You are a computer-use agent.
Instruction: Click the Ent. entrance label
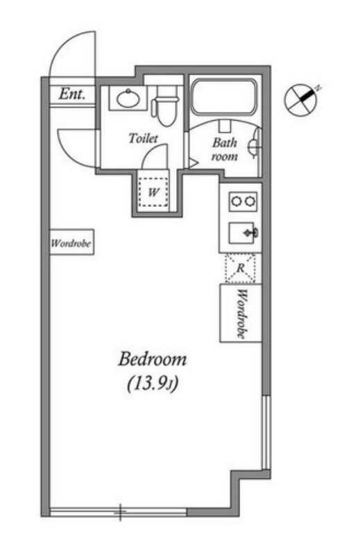pos(72,94)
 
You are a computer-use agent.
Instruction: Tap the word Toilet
pos(143,138)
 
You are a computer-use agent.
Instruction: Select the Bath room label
pos(225,149)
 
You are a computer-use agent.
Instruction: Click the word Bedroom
pos(153,359)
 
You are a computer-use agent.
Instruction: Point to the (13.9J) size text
pos(153,384)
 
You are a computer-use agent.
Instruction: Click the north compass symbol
pos(302,99)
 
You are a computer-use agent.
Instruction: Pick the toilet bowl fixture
pos(166,106)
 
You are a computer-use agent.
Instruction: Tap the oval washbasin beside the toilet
pos(129,99)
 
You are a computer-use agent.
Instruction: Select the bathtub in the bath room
pos(224,97)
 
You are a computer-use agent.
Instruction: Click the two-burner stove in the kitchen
pos(243,201)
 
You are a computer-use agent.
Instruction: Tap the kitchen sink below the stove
pos(243,233)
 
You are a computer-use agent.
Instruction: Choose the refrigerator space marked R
pos(240,268)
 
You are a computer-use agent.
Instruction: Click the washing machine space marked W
pos(153,192)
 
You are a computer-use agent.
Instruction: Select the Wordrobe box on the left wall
pos(72,242)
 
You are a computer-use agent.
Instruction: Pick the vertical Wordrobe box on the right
pos(241,313)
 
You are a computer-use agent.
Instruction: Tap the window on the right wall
pos(266,433)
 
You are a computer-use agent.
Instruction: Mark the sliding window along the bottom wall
pos(119,512)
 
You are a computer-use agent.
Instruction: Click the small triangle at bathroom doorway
pos(193,162)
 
